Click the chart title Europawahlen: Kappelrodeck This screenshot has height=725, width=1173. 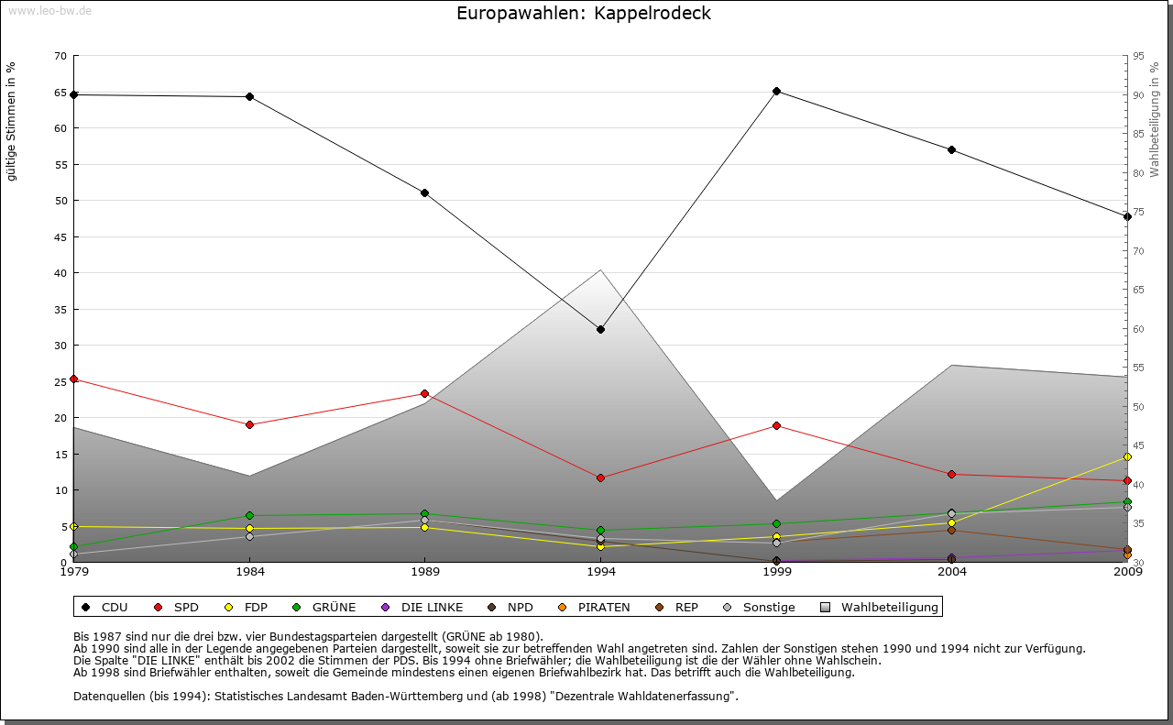pos(583,14)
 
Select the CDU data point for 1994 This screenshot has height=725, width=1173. pos(600,329)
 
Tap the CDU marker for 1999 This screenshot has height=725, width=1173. pos(776,91)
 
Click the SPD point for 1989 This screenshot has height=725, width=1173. pos(424,393)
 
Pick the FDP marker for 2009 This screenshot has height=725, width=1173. pos(1127,456)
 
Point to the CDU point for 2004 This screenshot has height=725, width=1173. pos(952,149)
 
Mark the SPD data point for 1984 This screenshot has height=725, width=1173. pos(249,424)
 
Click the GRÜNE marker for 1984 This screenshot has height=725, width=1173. pos(249,515)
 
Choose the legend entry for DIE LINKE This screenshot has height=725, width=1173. pos(422,607)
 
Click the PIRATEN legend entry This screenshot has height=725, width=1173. pos(595,607)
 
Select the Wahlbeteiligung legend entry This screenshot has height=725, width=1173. pos(880,607)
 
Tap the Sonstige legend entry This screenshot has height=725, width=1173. pos(760,607)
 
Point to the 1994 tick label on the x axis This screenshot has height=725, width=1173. pos(601,572)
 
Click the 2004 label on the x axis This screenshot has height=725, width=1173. pos(952,572)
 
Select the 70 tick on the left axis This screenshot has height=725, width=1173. pos(60,56)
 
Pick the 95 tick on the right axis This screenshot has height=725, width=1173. pos(1138,56)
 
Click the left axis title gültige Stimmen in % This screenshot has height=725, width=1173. pos(12,121)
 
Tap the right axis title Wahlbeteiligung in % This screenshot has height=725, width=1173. pos(1155,120)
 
